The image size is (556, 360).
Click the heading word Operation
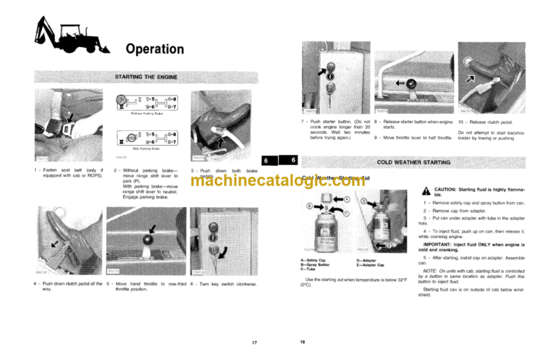pyautogui.click(x=154, y=49)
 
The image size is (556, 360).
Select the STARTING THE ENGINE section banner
pyautogui.click(x=147, y=76)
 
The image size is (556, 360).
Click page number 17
pyautogui.click(x=254, y=340)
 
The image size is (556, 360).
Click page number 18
pyautogui.click(x=303, y=340)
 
